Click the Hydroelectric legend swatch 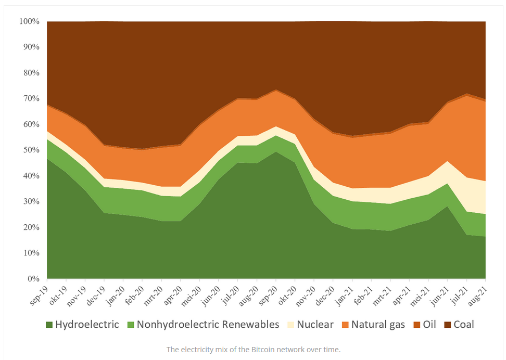pyautogui.click(x=49, y=325)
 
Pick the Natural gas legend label pyautogui.click(x=378, y=325)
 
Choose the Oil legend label pyautogui.click(x=429, y=325)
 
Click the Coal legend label pyautogui.click(x=464, y=325)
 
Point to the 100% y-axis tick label pyautogui.click(x=29, y=21)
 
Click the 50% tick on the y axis pyautogui.click(x=31, y=150)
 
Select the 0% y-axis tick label pyautogui.click(x=33, y=279)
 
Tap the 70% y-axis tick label pyautogui.click(x=31, y=98)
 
